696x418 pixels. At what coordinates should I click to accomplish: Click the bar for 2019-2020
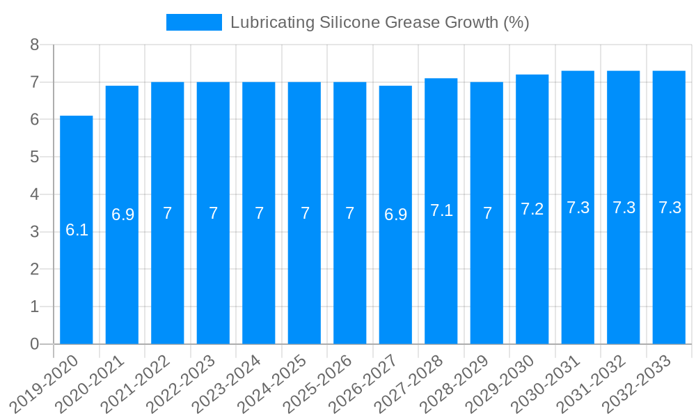tap(77, 230)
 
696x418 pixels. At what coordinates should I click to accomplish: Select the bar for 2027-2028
tap(441, 211)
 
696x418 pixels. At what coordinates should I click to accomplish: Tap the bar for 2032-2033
tap(669, 208)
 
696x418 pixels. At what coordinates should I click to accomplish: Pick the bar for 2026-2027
tap(395, 215)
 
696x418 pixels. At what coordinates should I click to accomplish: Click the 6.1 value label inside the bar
tap(77, 230)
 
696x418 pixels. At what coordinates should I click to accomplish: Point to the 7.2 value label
tap(532, 209)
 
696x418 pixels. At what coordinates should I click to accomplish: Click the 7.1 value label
tap(441, 210)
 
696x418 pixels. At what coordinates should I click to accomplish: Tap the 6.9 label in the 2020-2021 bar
tap(122, 215)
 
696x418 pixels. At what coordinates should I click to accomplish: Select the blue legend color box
tap(193, 22)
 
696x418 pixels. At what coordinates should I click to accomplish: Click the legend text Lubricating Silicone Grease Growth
tap(379, 22)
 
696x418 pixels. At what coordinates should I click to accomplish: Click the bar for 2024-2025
tap(304, 213)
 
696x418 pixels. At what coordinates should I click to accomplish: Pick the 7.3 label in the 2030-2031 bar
tap(578, 208)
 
